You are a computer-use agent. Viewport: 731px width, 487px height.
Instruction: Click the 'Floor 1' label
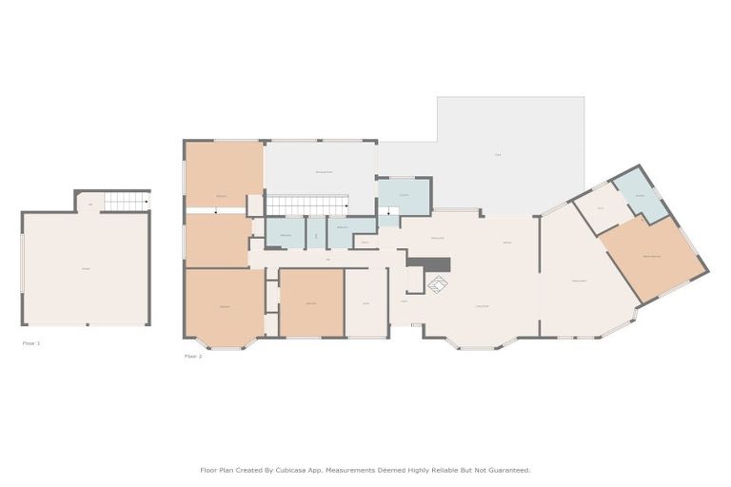(31, 342)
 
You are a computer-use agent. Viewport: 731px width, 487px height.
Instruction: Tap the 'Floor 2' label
(192, 357)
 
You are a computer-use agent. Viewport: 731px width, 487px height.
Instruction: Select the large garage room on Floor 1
(86, 268)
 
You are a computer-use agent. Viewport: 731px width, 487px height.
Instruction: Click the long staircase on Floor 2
(306, 205)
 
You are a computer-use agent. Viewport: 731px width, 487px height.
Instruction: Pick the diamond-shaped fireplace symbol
(437, 283)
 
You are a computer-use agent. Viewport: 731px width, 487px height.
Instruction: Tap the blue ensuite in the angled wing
(639, 195)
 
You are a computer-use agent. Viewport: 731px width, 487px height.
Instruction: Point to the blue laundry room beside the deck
(404, 195)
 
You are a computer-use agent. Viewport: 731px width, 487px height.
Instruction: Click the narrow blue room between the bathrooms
(316, 233)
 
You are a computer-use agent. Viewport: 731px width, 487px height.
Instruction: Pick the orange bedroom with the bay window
(225, 306)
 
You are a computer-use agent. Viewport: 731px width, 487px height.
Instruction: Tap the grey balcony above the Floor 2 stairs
(320, 169)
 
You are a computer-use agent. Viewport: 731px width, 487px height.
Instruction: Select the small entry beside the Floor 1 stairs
(89, 203)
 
